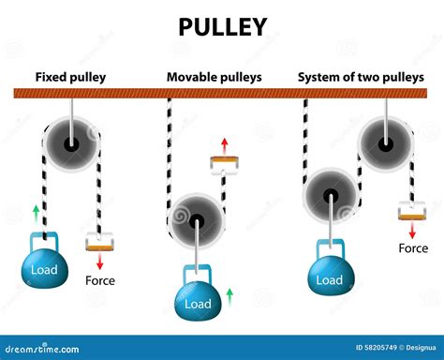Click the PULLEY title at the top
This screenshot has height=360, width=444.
tap(222, 27)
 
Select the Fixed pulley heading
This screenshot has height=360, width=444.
tap(70, 76)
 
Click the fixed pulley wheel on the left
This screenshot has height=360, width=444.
tap(71, 143)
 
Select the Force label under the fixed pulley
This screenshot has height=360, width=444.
tap(100, 279)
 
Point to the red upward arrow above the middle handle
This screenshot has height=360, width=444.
tap(224, 144)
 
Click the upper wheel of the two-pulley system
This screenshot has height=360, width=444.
tap(385, 142)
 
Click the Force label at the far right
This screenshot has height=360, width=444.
tap(413, 248)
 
